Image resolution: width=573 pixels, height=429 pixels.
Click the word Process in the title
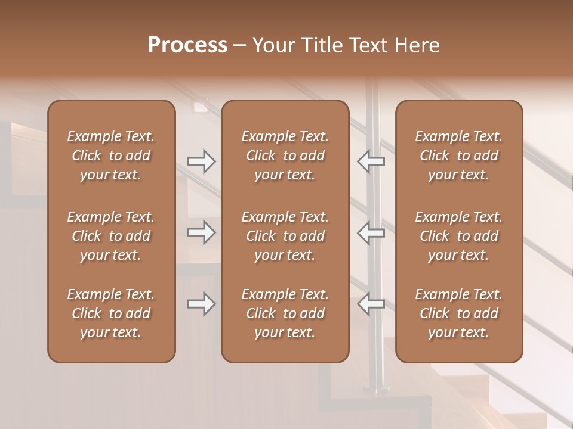[187, 45]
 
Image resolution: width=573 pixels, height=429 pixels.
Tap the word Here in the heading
[416, 45]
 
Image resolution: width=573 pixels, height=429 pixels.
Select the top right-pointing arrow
[201, 161]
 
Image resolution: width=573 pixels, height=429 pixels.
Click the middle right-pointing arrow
[201, 232]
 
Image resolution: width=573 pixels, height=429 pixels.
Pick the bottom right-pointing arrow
[201, 304]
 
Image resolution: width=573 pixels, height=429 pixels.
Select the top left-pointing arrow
[371, 161]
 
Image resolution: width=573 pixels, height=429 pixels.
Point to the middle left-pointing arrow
[371, 232]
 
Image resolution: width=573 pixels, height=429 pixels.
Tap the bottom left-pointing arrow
[371, 304]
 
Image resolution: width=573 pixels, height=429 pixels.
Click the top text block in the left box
[111, 156]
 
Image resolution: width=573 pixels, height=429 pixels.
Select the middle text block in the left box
[111, 236]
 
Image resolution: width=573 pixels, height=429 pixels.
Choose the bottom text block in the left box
[111, 313]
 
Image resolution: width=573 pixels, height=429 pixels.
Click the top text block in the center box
[285, 156]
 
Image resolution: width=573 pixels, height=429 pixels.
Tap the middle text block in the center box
[285, 236]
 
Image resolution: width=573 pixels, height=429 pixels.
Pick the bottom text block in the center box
[285, 313]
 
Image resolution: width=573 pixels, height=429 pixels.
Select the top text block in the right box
[458, 156]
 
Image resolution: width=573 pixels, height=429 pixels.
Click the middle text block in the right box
[458, 236]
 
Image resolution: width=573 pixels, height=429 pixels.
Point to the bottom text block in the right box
[458, 313]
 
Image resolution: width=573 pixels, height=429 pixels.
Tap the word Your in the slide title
[273, 45]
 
